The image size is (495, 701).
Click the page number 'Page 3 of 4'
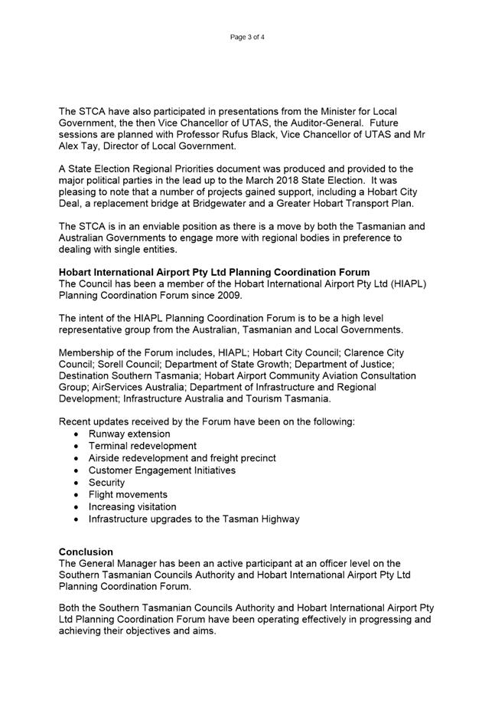tap(247, 37)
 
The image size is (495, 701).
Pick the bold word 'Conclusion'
tap(86, 552)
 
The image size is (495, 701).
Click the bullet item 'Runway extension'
tap(129, 434)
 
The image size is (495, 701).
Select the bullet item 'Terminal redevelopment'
tap(142, 446)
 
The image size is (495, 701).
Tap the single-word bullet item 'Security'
tap(106, 483)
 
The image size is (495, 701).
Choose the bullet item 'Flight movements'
tap(128, 495)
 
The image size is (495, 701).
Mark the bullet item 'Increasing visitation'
tap(132, 507)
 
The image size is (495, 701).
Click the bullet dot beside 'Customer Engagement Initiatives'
tap(77, 470)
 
